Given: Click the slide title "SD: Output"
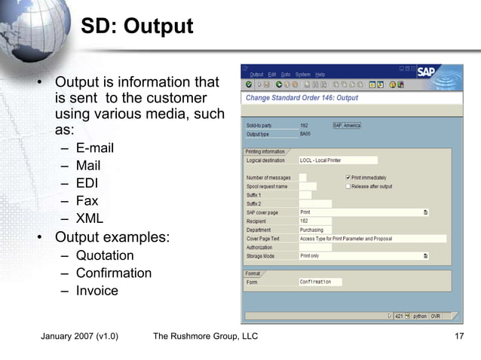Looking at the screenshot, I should tap(136, 27).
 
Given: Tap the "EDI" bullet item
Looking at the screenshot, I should tap(87, 183).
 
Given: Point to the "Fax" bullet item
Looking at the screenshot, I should tap(87, 201).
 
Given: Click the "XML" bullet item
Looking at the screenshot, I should tap(89, 219).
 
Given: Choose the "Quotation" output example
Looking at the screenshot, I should tap(105, 255).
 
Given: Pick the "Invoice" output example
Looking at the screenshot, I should tap(97, 291).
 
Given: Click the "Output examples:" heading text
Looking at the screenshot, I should tap(112, 237).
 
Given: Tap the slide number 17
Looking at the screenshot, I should tap(458, 336).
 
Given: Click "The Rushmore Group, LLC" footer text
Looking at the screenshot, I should tap(205, 336).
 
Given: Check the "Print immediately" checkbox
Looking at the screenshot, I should tap(348, 178).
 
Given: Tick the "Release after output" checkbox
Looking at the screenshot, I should tap(348, 186).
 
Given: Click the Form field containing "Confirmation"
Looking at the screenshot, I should tap(320, 282).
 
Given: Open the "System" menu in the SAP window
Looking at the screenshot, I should tap(302, 75).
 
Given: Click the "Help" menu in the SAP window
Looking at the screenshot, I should tap(320, 75).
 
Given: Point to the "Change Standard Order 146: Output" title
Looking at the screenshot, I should tap(302, 98).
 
